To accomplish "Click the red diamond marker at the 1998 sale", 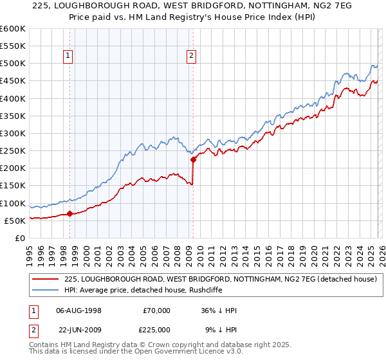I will coord(69,214).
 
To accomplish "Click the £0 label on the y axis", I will coord(19,239).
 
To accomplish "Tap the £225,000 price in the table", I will coord(156,329).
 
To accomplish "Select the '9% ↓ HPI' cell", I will coord(221,329).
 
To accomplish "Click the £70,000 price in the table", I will coord(156,310).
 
